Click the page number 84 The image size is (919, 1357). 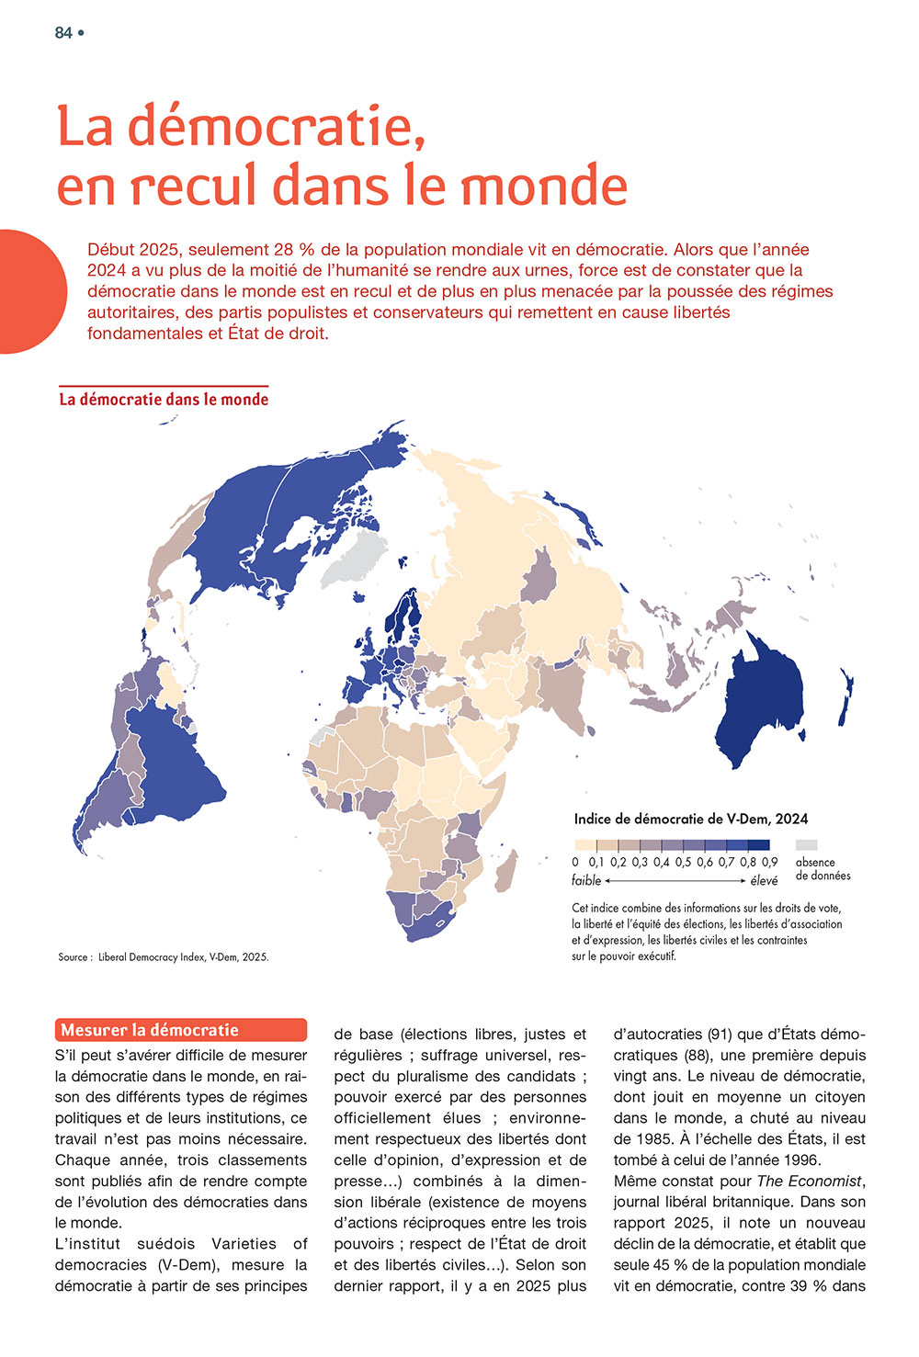(x=63, y=33)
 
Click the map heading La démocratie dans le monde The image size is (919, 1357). (x=164, y=400)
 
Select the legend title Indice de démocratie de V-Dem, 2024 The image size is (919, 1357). (x=691, y=819)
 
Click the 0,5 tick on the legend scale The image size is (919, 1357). (x=683, y=863)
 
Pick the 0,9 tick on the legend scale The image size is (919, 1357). (x=769, y=863)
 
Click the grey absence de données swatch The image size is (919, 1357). (x=806, y=845)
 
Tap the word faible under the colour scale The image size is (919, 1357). (x=586, y=880)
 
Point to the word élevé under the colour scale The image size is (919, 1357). (x=764, y=880)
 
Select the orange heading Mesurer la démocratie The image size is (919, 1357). (x=150, y=1030)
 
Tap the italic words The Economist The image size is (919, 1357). (x=810, y=1181)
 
